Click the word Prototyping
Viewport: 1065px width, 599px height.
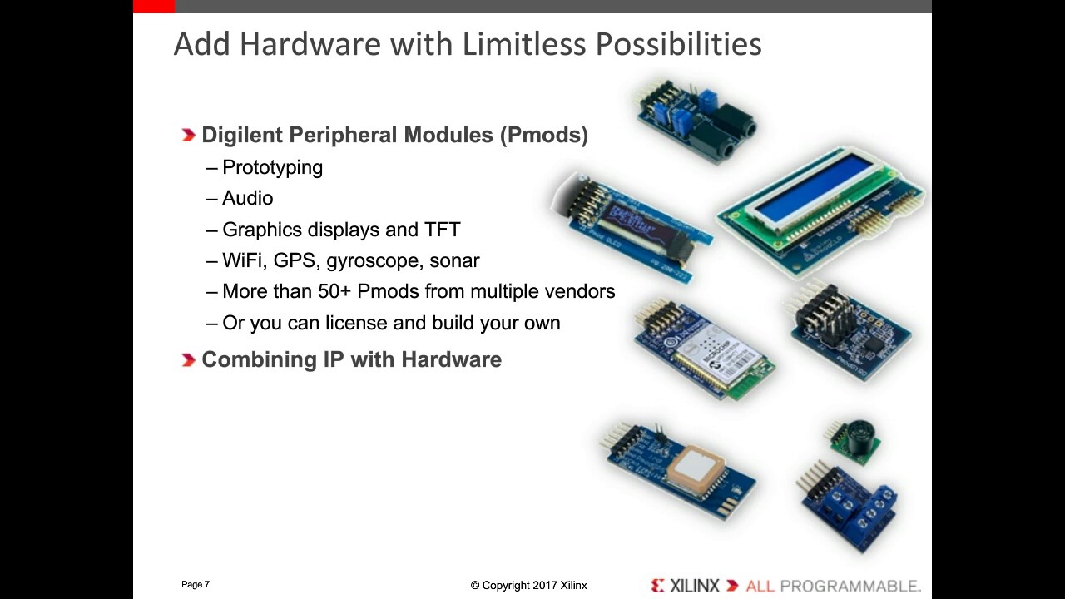272,167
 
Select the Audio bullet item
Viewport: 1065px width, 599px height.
247,198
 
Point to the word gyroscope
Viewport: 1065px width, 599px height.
374,261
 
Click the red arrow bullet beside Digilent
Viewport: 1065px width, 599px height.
188,135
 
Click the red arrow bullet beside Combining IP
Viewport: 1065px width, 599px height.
188,359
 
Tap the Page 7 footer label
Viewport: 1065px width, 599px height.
196,585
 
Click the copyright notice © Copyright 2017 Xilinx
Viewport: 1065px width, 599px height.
528,586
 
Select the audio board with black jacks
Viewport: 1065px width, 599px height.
697,121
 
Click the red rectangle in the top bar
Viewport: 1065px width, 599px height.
154,7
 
